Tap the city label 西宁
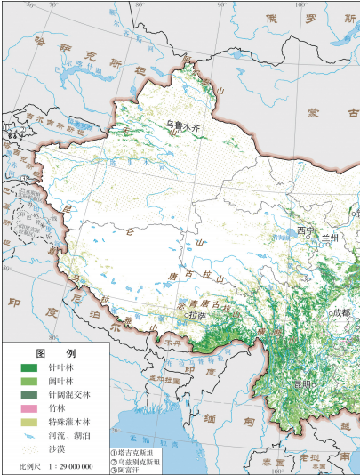pyautogui.click(x=307, y=231)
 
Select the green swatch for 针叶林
pyautogui.click(x=29, y=367)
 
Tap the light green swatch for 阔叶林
pyautogui.click(x=29, y=381)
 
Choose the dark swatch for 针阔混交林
pyautogui.click(x=29, y=394)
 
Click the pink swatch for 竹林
pyautogui.click(x=29, y=407)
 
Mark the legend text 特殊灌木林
pyautogui.click(x=73, y=421)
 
